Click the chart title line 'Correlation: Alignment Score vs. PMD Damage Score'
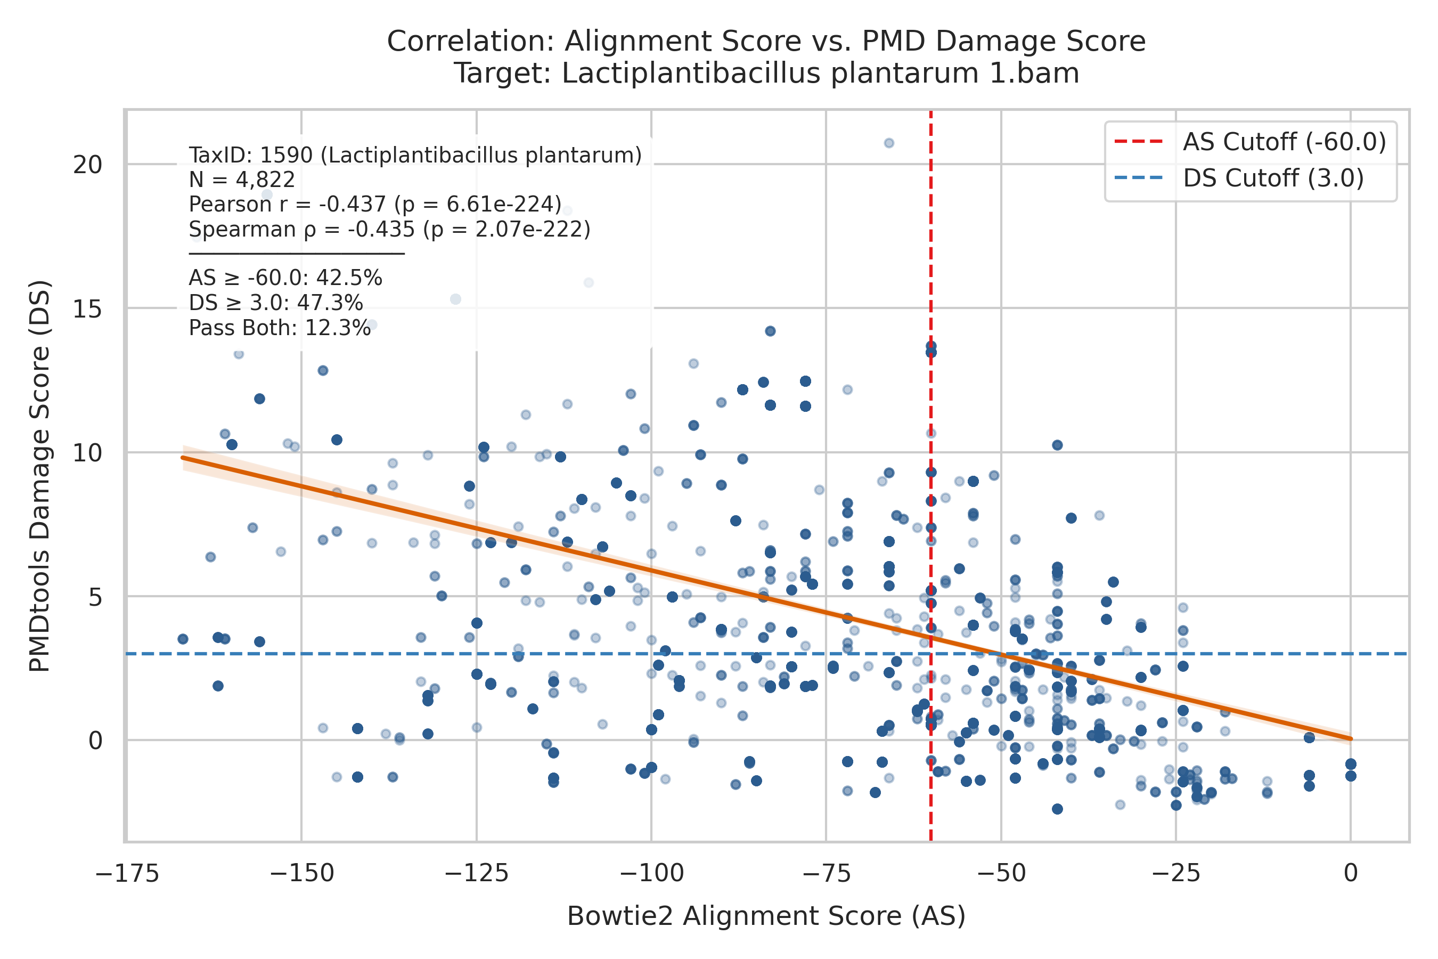click(766, 42)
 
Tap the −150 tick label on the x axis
click(301, 874)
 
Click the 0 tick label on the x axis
click(1351, 874)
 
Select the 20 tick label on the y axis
click(87, 165)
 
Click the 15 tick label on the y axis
click(87, 309)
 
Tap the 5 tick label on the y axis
click(95, 597)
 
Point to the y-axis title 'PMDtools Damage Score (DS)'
click(40, 476)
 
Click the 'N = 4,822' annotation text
click(242, 180)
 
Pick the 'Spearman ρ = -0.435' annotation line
click(389, 229)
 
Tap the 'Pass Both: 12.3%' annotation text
click(280, 328)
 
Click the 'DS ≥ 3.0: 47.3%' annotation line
click(276, 303)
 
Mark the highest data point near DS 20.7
click(889, 143)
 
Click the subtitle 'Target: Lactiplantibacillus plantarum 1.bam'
click(766, 74)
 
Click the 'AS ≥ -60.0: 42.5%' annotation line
click(285, 278)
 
